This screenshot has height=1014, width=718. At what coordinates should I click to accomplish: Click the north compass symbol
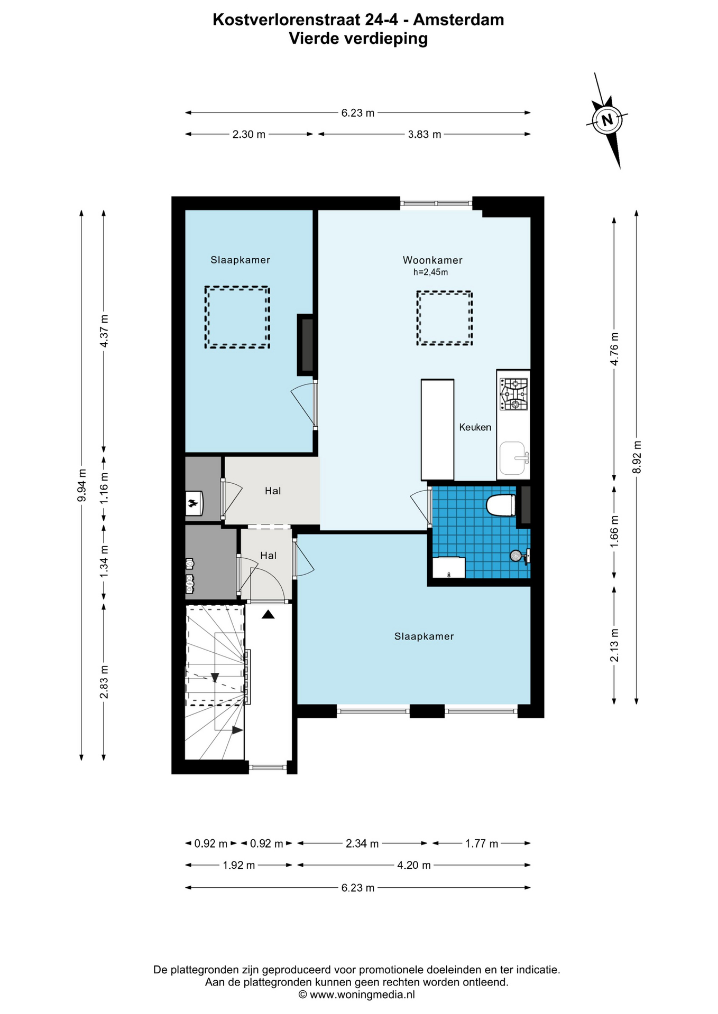[x=607, y=120]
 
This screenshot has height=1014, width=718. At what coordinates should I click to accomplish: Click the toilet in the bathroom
[x=501, y=505]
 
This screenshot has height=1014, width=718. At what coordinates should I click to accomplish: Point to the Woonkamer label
[x=432, y=260]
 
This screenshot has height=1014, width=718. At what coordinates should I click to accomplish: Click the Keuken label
[x=475, y=427]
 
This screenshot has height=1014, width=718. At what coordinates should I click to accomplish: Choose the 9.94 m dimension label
[x=81, y=485]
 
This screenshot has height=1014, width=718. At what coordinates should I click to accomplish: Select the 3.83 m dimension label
[x=425, y=134]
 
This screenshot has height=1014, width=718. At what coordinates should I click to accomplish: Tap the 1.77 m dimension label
[x=482, y=843]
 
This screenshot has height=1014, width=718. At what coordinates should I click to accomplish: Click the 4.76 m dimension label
[x=614, y=349]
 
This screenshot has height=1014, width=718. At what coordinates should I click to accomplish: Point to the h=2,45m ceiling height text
[x=430, y=273]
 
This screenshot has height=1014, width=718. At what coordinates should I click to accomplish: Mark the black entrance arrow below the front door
[x=268, y=614]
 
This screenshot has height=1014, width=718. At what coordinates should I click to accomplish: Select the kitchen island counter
[x=437, y=430]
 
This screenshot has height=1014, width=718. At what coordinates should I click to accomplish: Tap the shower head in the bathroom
[x=516, y=555]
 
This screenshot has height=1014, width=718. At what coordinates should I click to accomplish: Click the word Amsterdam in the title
[x=458, y=20]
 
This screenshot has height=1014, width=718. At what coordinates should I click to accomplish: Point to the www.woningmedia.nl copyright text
[x=356, y=994]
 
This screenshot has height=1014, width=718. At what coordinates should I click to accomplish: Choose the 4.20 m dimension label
[x=414, y=865]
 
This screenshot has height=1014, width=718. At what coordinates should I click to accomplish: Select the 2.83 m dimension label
[x=104, y=682]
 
